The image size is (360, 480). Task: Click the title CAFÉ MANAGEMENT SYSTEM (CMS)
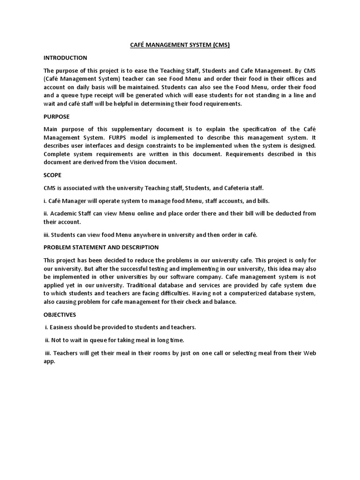[x=180, y=45]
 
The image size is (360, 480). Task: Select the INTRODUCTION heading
[x=65, y=58]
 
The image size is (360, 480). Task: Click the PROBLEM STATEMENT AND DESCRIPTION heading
[x=101, y=247]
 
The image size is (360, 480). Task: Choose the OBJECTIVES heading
[x=60, y=315]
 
